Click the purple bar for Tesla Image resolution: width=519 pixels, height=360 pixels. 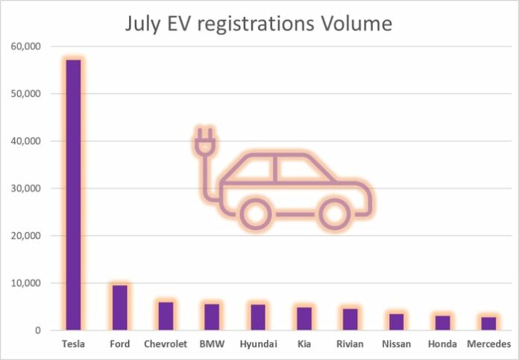tap(72, 195)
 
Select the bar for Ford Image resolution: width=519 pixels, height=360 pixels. tap(119, 307)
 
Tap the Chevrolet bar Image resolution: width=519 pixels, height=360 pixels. tap(166, 316)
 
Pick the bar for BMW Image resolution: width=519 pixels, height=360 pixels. tap(212, 317)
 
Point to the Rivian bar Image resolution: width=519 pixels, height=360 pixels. tap(350, 319)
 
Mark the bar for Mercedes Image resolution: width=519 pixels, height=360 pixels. tap(488, 323)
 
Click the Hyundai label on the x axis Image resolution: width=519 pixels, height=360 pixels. tap(257, 344)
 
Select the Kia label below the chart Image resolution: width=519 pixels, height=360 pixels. tap(304, 344)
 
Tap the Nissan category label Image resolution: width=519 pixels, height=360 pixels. tap(397, 344)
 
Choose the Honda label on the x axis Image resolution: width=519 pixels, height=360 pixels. tap(443, 344)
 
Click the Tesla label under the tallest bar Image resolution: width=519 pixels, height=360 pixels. tap(73, 344)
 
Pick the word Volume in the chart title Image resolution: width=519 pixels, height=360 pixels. tap(354, 24)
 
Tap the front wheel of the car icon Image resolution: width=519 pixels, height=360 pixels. tap(333, 214)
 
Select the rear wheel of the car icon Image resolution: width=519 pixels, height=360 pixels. tap(256, 214)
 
